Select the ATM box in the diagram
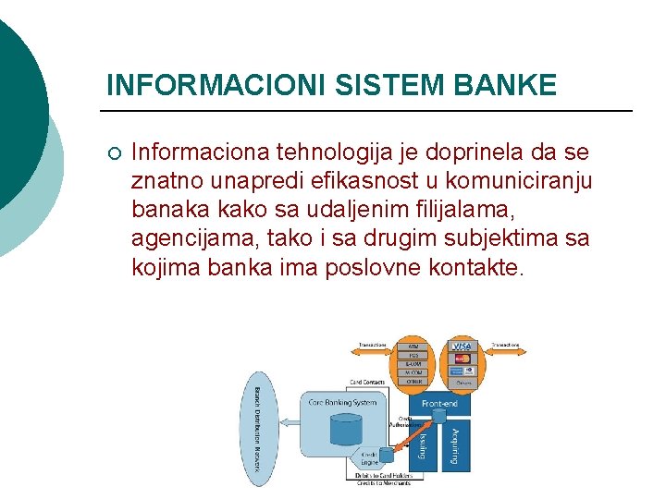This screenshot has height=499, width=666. point(413,346)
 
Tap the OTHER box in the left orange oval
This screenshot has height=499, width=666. point(413,381)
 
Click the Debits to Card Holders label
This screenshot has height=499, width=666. point(384,477)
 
